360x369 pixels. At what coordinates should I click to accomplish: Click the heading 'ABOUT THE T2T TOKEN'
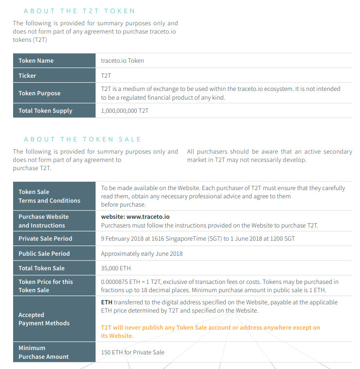79,11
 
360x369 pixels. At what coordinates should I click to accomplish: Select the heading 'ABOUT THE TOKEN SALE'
82,139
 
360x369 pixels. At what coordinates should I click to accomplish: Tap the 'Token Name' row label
36,61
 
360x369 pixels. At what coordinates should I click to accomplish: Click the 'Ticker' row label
27,76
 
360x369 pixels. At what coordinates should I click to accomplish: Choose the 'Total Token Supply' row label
45,111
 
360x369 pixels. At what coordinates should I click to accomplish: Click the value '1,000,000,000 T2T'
125,111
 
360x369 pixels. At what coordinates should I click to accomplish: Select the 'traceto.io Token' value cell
122,61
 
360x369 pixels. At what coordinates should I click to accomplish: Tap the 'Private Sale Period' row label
45,239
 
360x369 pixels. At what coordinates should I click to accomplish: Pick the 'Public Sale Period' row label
44,254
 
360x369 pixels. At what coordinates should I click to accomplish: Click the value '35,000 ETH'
116,268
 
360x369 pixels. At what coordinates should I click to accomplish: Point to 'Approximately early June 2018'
142,254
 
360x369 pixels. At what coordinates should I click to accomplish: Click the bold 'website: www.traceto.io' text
135,217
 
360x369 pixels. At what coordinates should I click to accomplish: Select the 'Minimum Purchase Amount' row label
43,352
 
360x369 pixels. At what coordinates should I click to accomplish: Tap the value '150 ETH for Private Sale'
132,352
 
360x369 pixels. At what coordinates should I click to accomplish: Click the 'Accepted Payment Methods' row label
44,319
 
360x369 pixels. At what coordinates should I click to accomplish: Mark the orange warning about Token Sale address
210,332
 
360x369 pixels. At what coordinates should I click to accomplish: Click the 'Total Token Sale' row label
41,268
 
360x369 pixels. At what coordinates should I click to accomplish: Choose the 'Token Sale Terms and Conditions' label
49,196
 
